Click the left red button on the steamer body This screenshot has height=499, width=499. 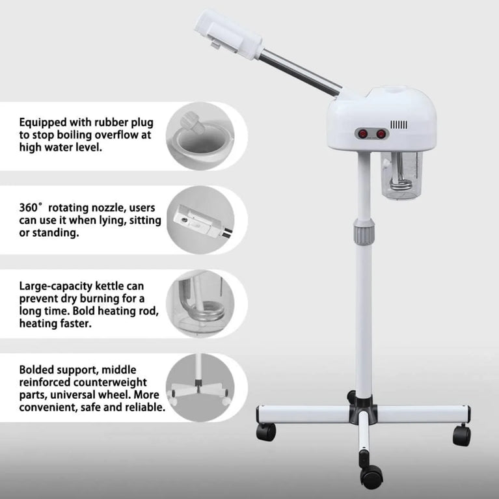pyautogui.click(x=360, y=133)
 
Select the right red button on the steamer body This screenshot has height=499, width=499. pyautogui.click(x=381, y=133)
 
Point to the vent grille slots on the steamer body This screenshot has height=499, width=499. pyautogui.click(x=399, y=124)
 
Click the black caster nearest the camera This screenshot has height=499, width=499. pyautogui.click(x=371, y=476)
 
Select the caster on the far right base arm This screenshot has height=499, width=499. pyautogui.click(x=460, y=433)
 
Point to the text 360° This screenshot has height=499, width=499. pyautogui.click(x=30, y=208)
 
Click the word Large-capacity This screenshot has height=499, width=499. pyautogui.click(x=58, y=286)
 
